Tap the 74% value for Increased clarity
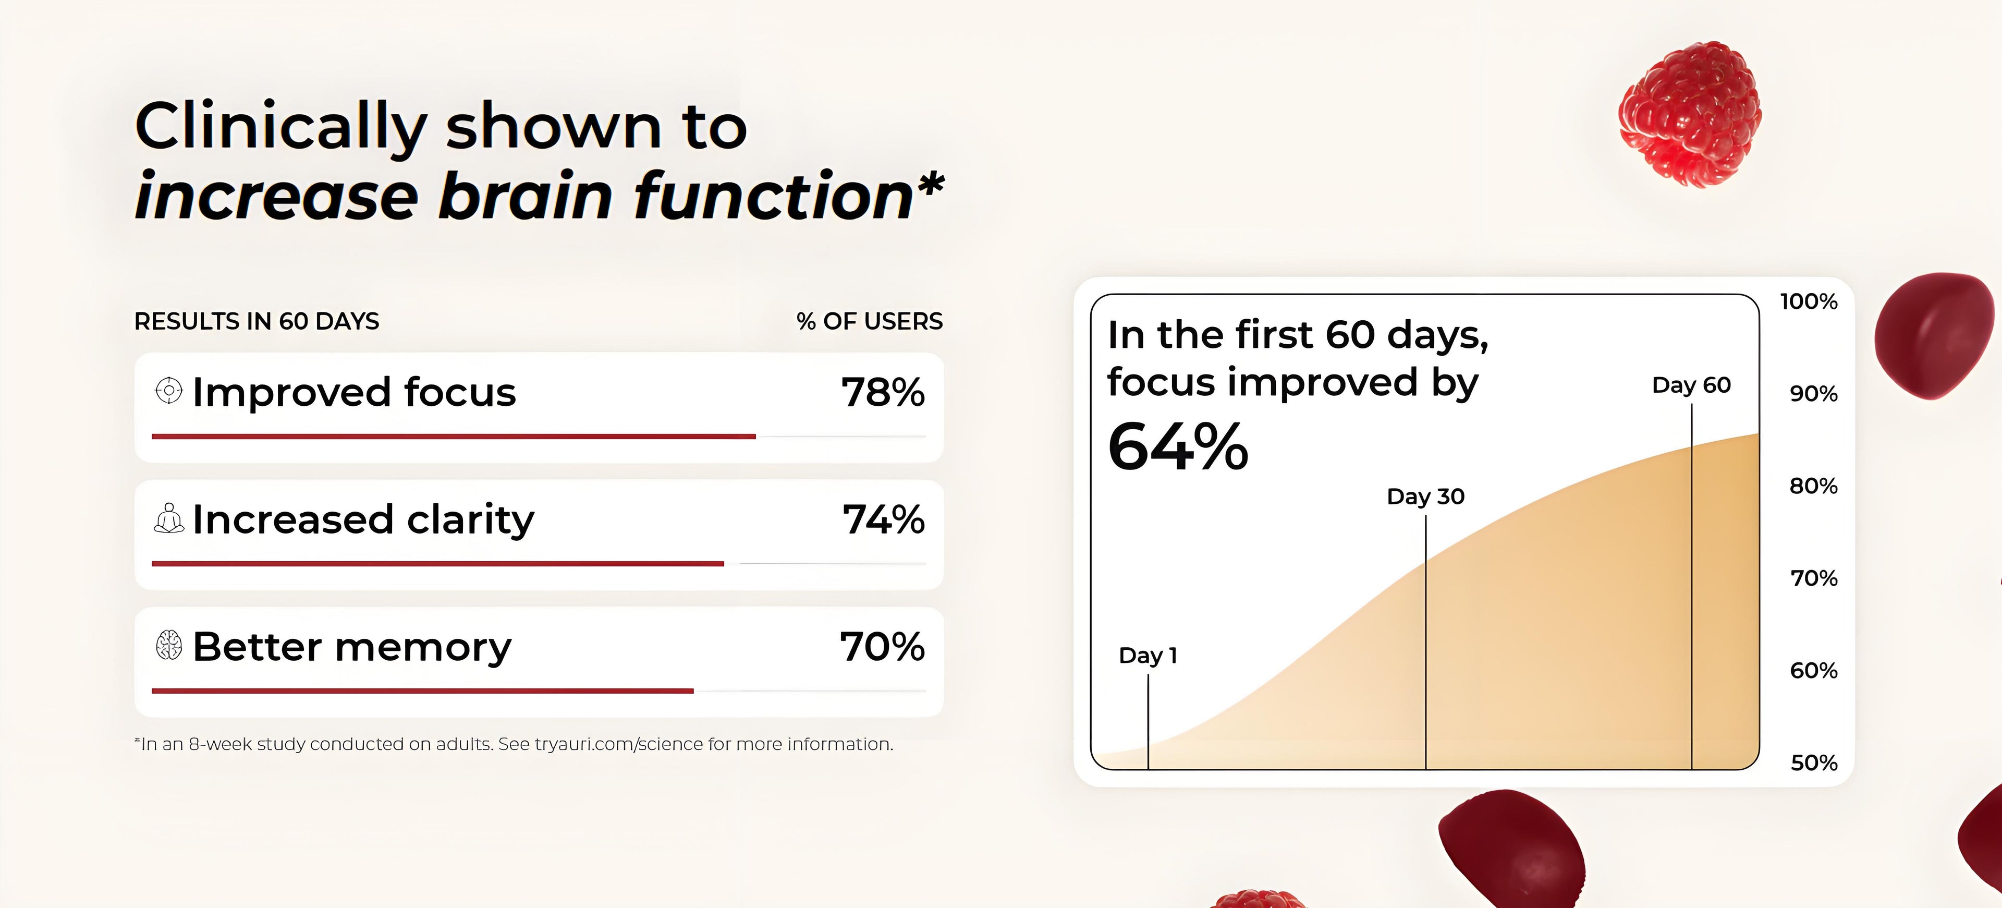click(884, 519)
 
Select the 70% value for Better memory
click(882, 647)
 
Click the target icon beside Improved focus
click(168, 390)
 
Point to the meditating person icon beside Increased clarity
click(168, 518)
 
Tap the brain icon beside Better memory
click(168, 645)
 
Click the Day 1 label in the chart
click(1148, 656)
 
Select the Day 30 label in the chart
click(1425, 497)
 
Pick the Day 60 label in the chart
click(1691, 385)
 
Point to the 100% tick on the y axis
click(1809, 301)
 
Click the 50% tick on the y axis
click(1814, 762)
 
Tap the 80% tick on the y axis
click(1813, 487)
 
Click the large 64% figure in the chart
click(1177, 447)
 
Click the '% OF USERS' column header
click(869, 321)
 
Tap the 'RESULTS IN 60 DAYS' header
click(257, 322)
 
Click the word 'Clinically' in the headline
click(280, 127)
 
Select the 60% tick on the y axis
click(1814, 671)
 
